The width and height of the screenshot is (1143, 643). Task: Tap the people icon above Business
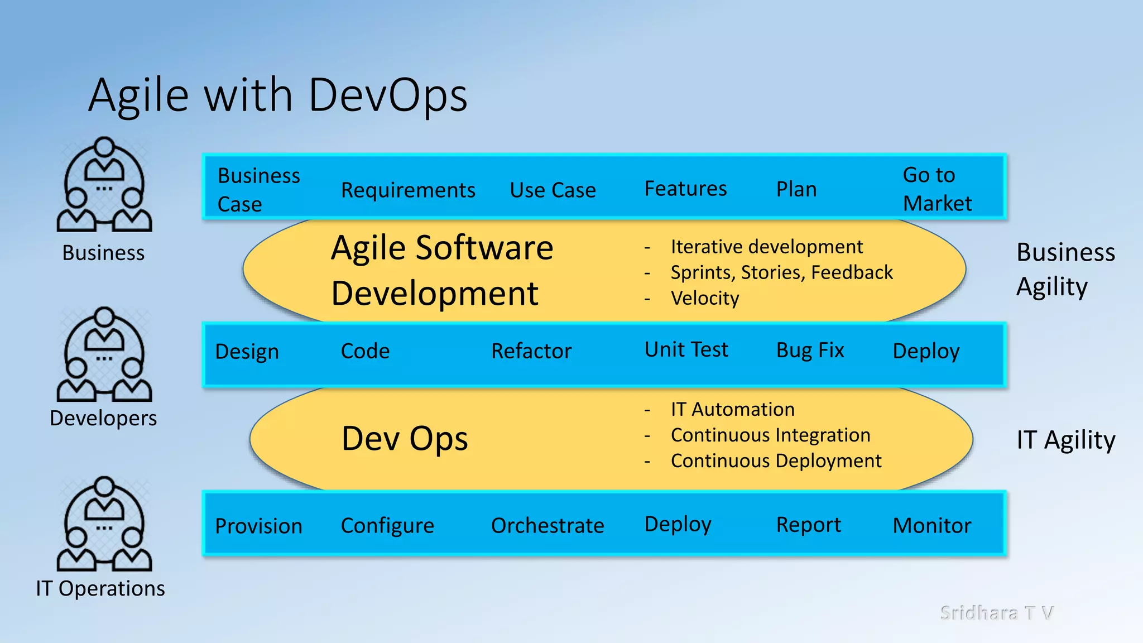click(104, 185)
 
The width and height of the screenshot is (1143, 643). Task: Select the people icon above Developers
click(104, 354)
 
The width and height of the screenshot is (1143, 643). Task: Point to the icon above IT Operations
click(104, 524)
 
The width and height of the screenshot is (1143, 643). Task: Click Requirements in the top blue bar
click(408, 190)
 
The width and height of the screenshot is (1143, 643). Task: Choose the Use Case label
click(553, 190)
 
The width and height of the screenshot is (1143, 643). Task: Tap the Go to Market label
click(937, 189)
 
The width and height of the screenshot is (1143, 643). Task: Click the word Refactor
click(531, 351)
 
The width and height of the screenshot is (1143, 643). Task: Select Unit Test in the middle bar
click(686, 350)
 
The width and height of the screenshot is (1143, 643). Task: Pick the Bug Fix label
click(810, 351)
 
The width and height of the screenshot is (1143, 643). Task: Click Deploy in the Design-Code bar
click(926, 351)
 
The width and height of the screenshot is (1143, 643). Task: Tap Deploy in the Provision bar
click(678, 525)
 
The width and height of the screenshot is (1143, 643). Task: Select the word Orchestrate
click(548, 526)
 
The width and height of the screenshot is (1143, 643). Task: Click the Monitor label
click(932, 526)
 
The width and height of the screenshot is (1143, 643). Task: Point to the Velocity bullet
click(704, 298)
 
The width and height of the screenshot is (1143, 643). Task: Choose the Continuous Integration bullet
click(770, 435)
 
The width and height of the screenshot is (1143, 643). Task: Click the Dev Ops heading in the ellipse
click(405, 439)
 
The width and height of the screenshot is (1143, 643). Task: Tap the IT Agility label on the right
click(1065, 440)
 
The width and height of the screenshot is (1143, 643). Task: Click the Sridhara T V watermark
click(997, 613)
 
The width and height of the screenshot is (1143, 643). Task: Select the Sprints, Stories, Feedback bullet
click(781, 272)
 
